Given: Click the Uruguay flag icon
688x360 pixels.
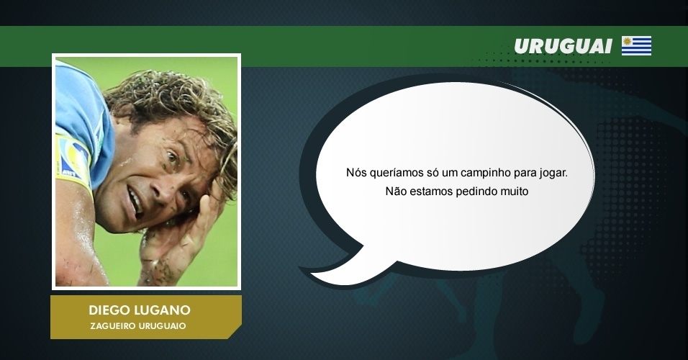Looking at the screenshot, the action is click(x=636, y=45).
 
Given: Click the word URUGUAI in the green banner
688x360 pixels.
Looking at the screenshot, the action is click(x=563, y=46).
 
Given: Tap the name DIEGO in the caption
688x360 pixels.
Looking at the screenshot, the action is click(x=107, y=310).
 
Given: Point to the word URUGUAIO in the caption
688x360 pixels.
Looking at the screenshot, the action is click(x=163, y=326).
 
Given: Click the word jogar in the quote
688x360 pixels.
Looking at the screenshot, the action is click(x=553, y=174).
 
